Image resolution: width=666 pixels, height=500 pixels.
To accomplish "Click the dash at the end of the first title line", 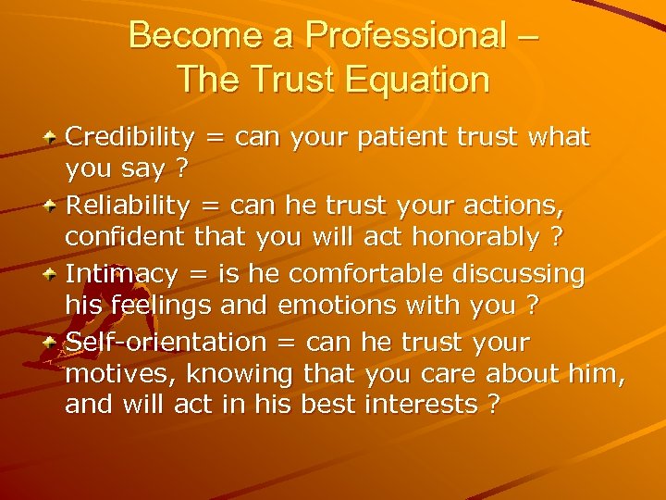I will click(x=529, y=37).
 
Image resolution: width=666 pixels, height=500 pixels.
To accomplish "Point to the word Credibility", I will click(x=129, y=138).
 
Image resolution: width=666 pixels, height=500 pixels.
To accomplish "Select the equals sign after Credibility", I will click(x=214, y=139).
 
